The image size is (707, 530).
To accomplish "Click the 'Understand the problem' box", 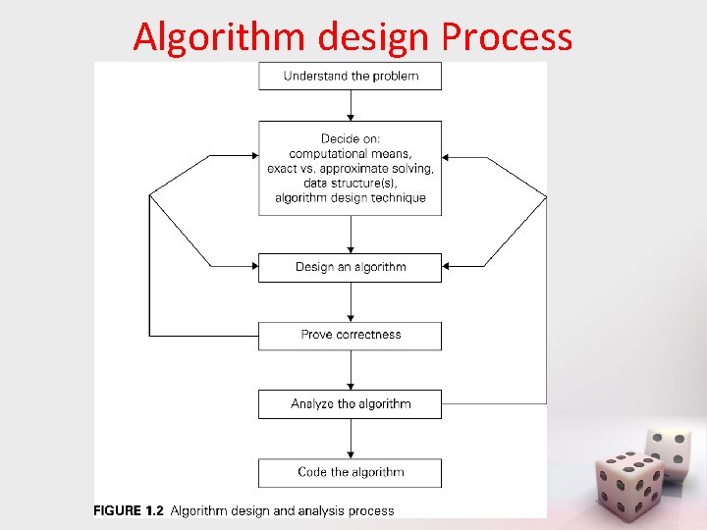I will click(x=351, y=76).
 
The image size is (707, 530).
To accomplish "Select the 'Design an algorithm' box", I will click(x=351, y=267).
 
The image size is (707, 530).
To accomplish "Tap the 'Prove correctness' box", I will click(x=351, y=335).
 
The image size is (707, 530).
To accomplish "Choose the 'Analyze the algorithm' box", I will click(x=351, y=403).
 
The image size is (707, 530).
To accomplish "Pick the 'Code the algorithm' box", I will click(x=351, y=472).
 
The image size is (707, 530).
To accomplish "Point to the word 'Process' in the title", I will click(x=507, y=37).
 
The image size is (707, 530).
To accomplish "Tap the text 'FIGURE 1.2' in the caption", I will click(x=129, y=510).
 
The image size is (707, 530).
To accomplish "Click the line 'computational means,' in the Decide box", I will click(x=351, y=153).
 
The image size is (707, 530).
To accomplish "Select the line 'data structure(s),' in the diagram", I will click(x=351, y=183).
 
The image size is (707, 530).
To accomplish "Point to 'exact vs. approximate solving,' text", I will click(x=351, y=168).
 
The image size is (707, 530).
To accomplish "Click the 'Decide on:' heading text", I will click(x=351, y=138).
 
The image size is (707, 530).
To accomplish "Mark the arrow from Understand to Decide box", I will click(x=351, y=106).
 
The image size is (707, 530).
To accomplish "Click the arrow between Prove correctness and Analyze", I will click(x=351, y=370).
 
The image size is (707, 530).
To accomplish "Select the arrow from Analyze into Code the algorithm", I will click(x=351, y=439).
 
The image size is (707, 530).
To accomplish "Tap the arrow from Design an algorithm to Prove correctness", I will click(x=351, y=302).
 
